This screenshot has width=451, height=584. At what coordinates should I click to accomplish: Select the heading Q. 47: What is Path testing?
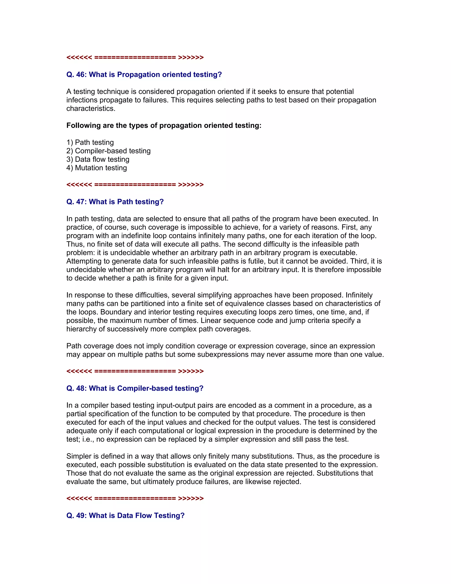tap(115, 202)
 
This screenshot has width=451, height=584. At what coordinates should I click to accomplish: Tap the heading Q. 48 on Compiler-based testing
tap(135, 388)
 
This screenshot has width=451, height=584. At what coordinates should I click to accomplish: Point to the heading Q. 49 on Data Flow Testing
tap(125, 515)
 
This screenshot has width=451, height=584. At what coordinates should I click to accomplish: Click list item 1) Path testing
tap(90, 142)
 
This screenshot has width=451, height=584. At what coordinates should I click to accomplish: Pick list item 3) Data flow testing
tap(98, 159)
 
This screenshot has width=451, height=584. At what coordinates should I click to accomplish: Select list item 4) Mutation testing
tap(97, 168)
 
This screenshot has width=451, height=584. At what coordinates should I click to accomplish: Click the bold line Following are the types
tap(164, 125)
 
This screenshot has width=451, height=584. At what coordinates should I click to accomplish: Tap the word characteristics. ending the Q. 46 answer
tap(91, 109)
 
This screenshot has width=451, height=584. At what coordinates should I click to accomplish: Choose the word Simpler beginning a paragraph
tap(82, 456)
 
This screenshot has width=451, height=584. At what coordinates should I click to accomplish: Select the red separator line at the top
tap(135, 57)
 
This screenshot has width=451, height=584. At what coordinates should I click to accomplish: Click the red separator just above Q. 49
tap(135, 498)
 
